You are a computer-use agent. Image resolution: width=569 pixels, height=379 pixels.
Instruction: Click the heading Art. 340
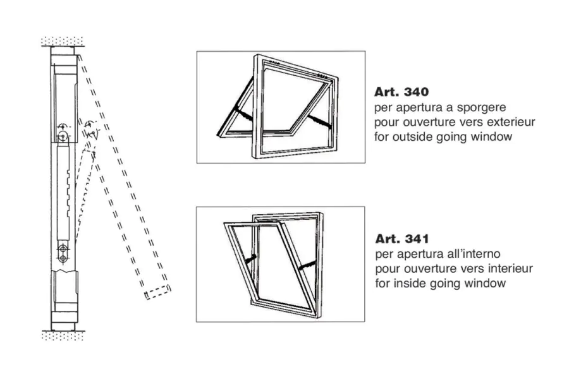(x=401, y=92)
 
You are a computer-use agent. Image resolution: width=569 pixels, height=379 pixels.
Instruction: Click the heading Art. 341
(x=402, y=239)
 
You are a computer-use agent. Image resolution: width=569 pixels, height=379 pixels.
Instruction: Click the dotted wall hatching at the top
(x=63, y=41)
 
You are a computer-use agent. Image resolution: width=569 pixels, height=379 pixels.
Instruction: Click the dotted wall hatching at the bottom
(x=63, y=335)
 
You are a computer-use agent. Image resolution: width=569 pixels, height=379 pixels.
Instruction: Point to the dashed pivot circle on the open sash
(x=90, y=126)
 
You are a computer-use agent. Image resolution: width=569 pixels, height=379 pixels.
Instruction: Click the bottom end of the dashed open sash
(x=158, y=292)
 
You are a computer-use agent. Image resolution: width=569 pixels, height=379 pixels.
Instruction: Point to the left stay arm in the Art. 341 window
(x=251, y=259)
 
